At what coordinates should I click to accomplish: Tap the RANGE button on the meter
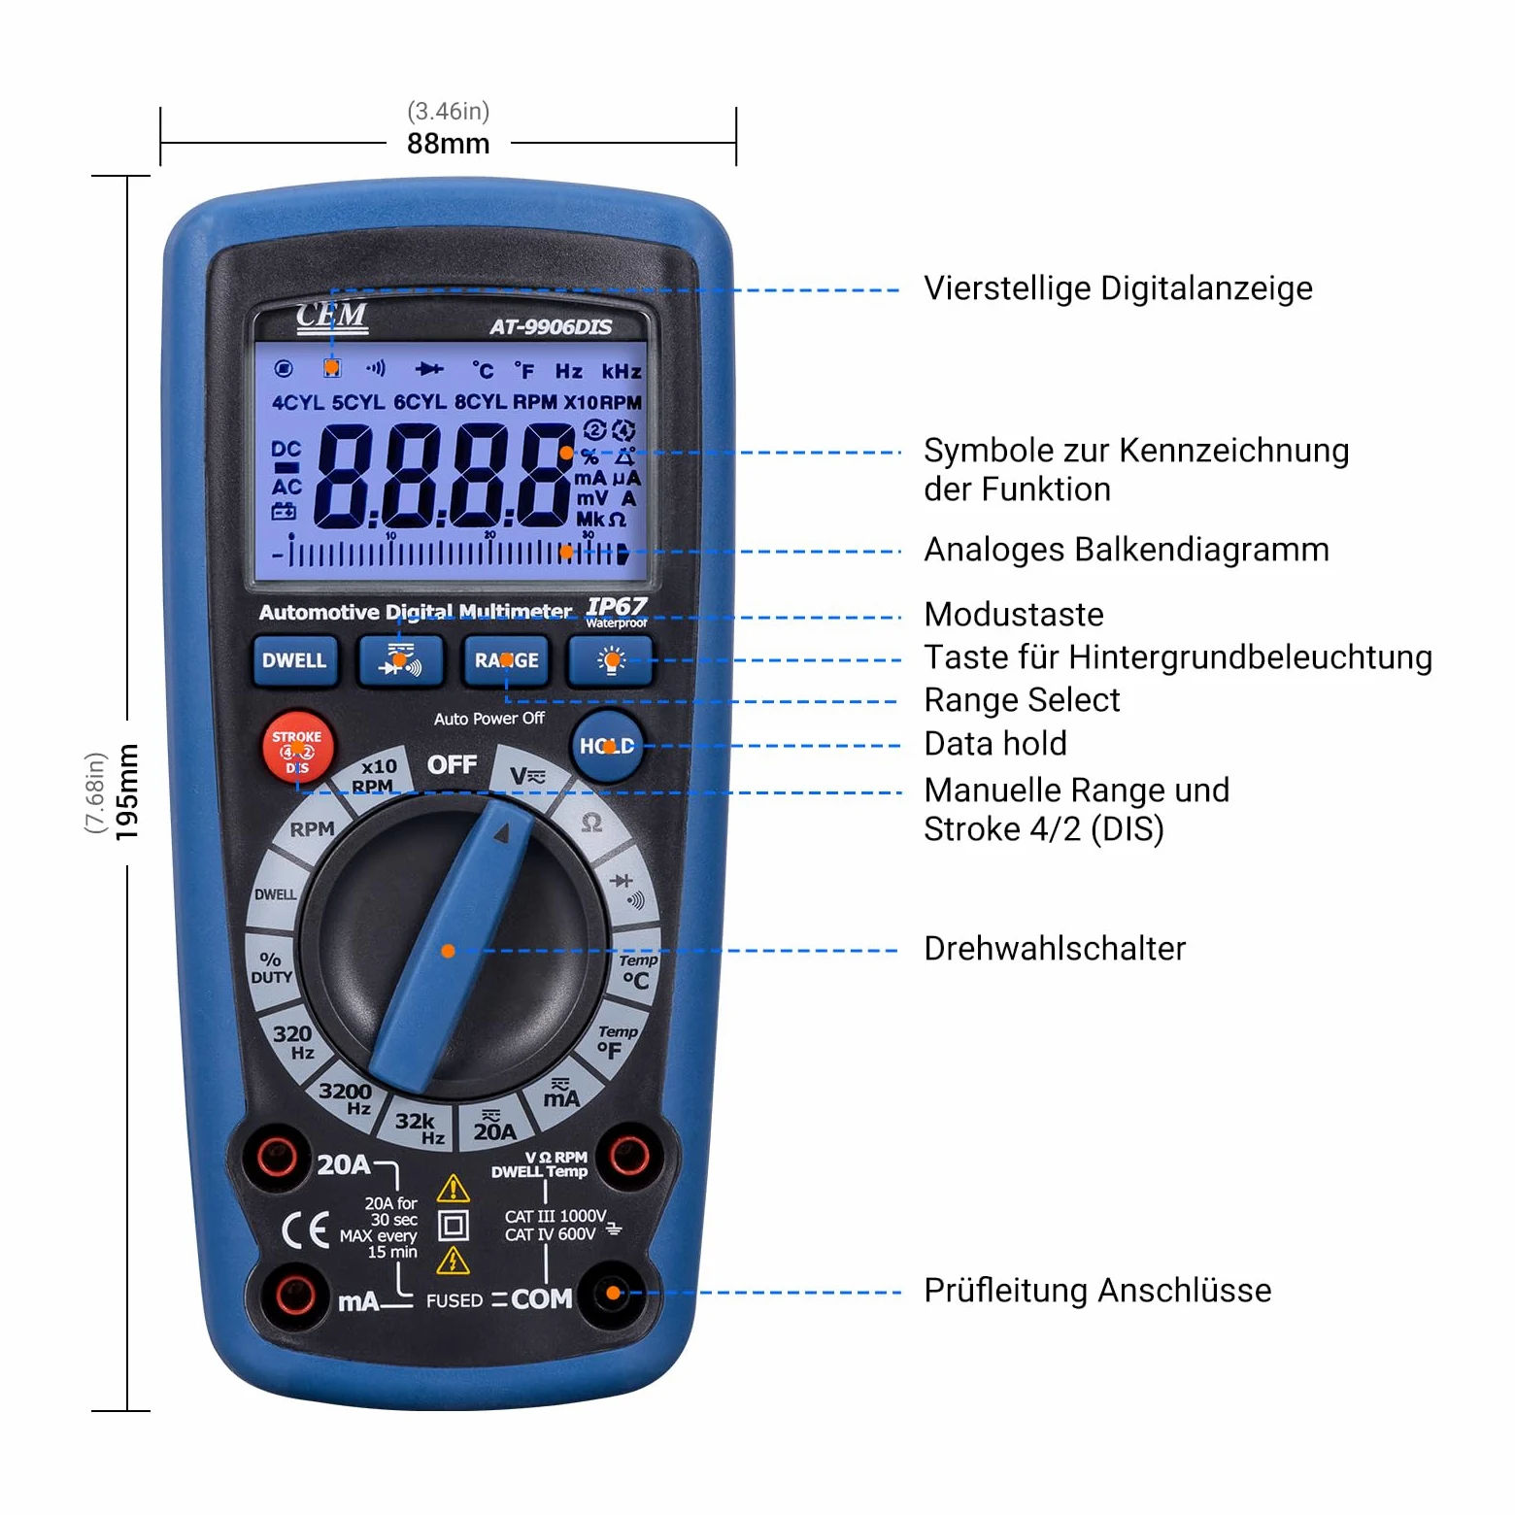[506, 660]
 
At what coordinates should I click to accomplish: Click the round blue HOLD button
[607, 746]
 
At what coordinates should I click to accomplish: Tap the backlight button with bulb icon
[611, 660]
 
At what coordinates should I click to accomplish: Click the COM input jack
[613, 1293]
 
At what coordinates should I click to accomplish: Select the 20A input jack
[277, 1157]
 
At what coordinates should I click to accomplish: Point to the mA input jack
[295, 1295]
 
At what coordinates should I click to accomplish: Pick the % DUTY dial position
[271, 968]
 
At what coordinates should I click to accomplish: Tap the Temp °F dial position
[616, 1041]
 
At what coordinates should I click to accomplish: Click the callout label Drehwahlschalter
[1055, 949]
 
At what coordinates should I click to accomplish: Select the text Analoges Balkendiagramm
[1127, 550]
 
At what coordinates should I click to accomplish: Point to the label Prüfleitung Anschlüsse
[1097, 1291]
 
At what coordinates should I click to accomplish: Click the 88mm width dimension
[448, 144]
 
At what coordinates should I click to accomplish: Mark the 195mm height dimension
[127, 791]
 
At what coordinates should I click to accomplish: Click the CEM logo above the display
[332, 317]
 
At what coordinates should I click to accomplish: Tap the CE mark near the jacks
[305, 1230]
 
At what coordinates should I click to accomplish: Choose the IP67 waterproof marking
[617, 612]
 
